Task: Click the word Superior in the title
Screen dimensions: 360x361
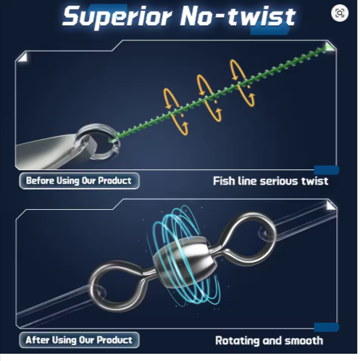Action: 117,17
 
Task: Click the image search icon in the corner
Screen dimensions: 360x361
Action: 340,13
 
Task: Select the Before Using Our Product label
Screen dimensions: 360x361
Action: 79,181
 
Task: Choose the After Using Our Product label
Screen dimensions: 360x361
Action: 79,340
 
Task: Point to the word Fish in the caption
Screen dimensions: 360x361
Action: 224,181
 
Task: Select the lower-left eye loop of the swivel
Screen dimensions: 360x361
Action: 96,277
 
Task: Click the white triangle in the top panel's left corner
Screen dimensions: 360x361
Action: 24,58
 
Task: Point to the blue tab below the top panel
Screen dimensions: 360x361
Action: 327,170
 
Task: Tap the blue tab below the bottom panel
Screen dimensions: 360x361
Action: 327,327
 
